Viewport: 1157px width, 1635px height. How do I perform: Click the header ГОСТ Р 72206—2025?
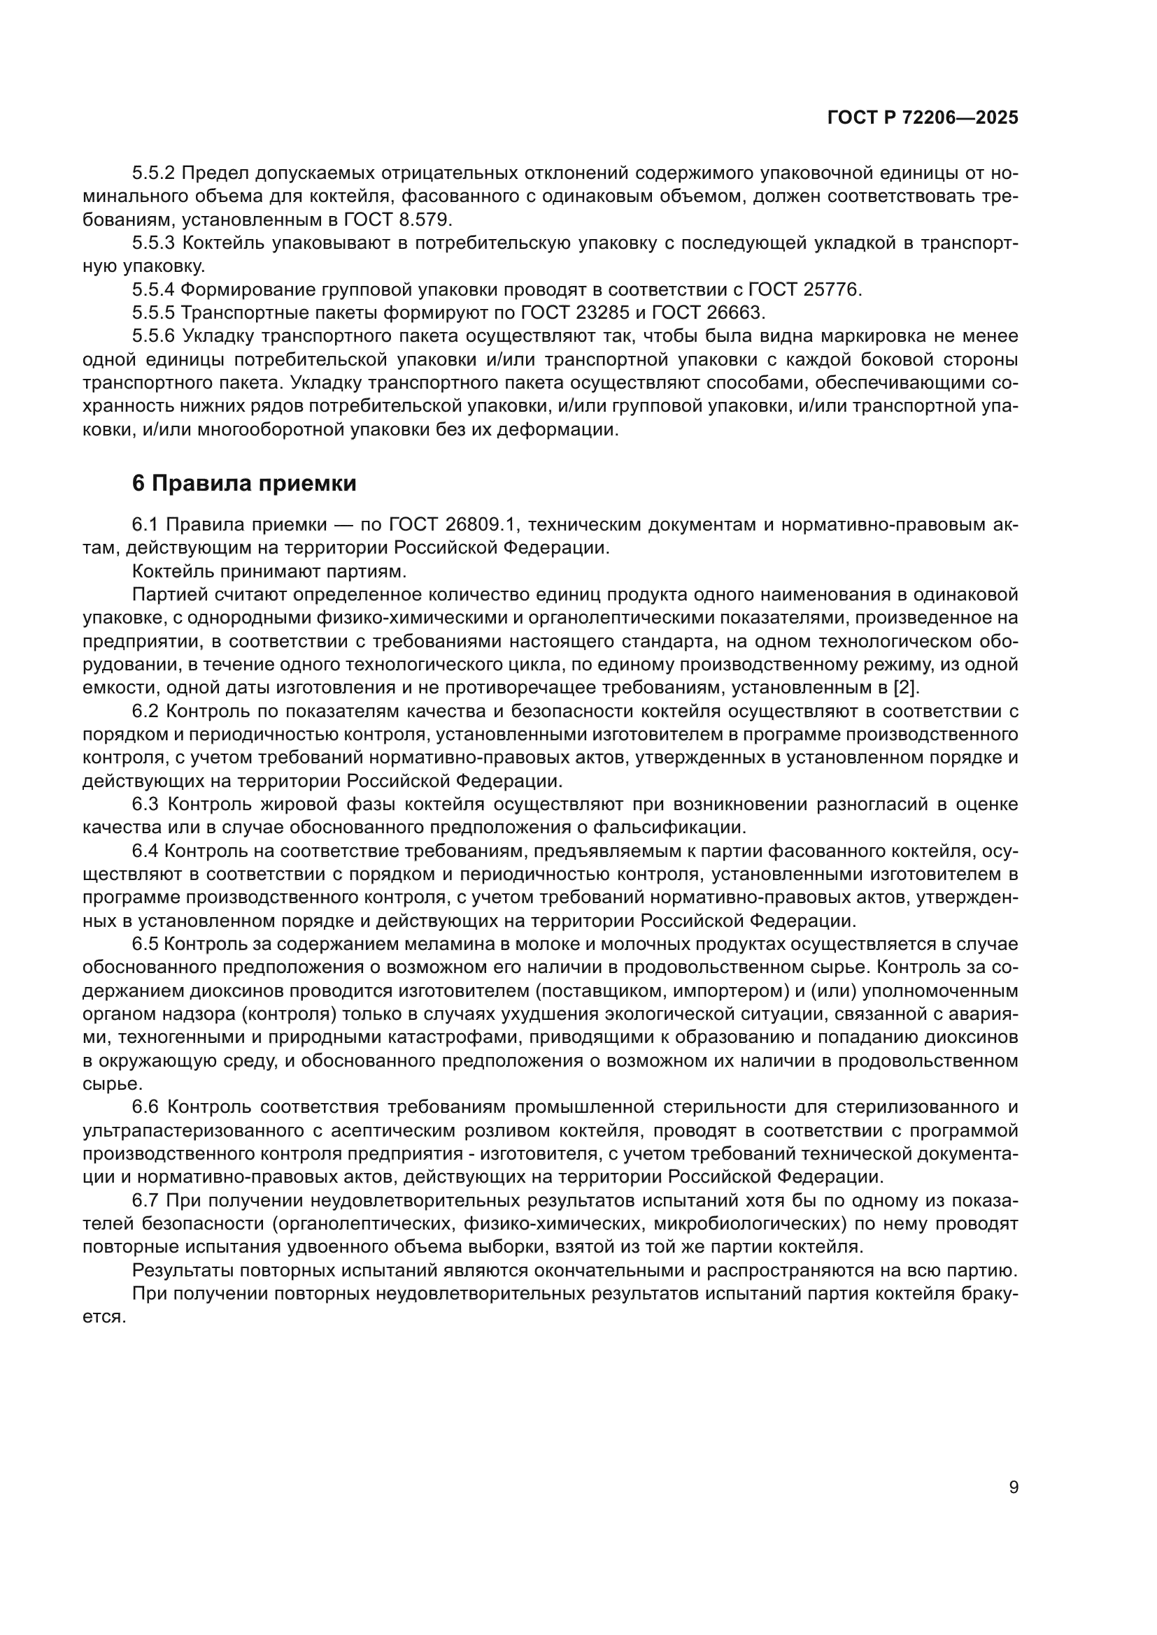click(x=923, y=118)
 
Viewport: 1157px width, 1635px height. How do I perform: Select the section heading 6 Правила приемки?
click(x=244, y=484)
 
